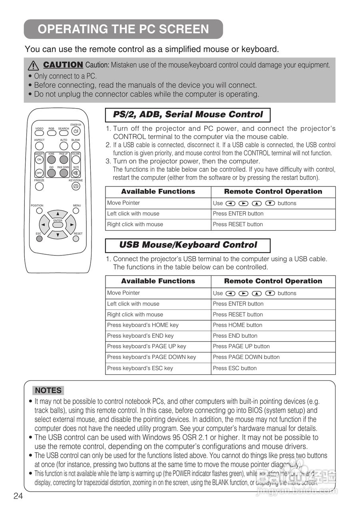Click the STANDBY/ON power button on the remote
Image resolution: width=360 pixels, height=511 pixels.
coord(76,131)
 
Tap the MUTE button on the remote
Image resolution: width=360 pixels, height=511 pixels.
coord(76,173)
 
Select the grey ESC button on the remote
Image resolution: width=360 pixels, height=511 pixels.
coord(39,239)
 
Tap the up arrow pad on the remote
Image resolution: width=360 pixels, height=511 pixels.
coord(58,214)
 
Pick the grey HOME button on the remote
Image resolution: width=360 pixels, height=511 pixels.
coord(52,160)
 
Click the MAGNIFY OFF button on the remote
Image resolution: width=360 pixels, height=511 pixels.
coord(39,173)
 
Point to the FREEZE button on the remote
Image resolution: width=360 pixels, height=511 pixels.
coord(39,186)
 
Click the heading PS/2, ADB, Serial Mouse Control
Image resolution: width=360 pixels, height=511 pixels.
coord(188,115)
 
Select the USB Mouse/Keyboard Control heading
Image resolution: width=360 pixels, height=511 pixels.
coord(188,245)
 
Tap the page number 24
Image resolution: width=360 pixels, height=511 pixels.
coord(18,496)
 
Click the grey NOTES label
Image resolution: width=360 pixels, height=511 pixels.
coord(48,390)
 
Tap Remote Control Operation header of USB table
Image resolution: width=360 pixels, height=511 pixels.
coord(273,281)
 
